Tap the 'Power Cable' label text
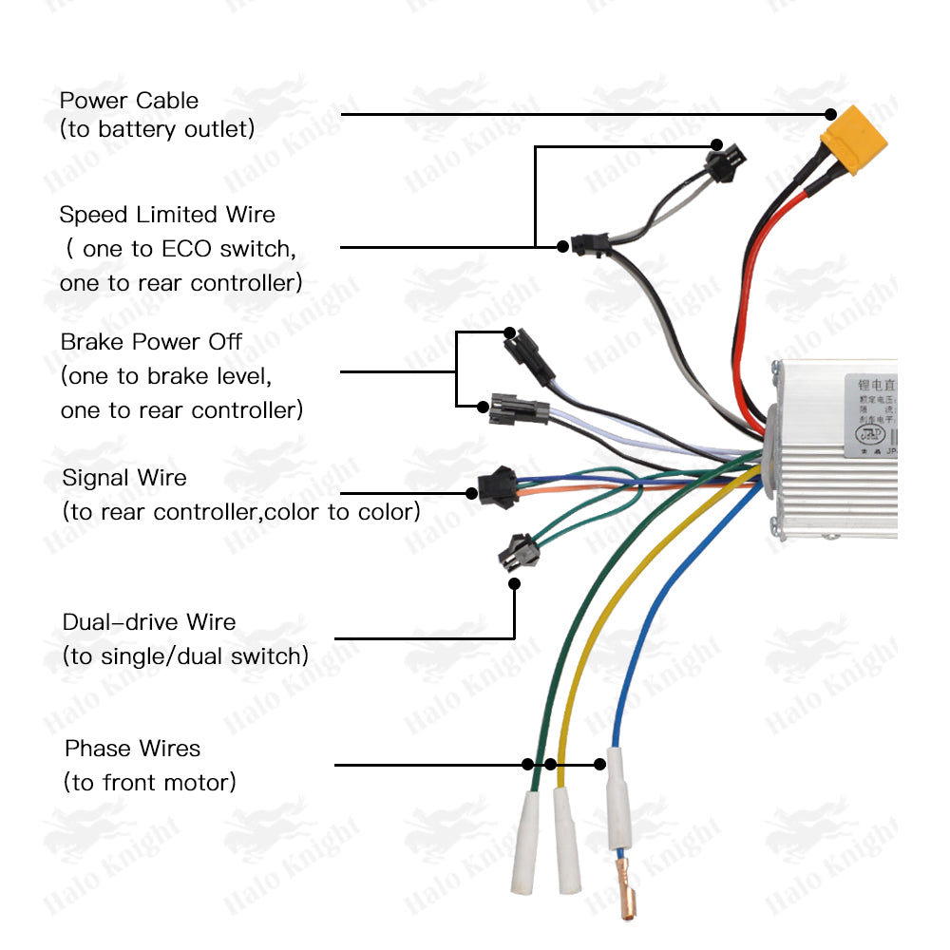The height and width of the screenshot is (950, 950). (129, 101)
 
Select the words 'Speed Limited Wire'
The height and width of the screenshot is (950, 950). (167, 215)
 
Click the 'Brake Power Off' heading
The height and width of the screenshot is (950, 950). (151, 342)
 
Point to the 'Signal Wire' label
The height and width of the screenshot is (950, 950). (124, 478)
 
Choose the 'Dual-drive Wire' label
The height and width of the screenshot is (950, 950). (149, 622)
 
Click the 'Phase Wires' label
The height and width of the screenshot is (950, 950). (133, 749)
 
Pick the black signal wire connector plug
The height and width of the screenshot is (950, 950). (497, 488)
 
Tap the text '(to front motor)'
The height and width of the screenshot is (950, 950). (149, 783)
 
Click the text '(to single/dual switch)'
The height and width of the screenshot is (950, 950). (185, 656)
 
